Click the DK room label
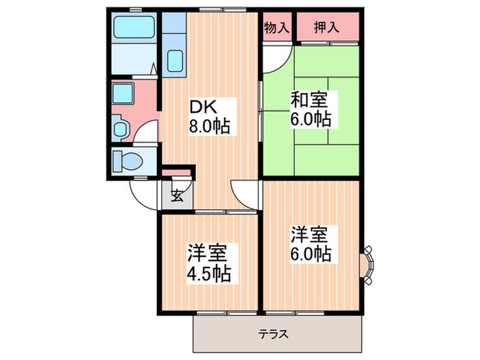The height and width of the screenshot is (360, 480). click(204, 108)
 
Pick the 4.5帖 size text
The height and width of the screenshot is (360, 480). click(209, 273)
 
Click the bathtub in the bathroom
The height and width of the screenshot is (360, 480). click(134, 28)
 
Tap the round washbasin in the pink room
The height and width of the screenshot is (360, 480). click(122, 128)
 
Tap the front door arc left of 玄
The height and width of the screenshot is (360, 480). click(145, 196)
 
